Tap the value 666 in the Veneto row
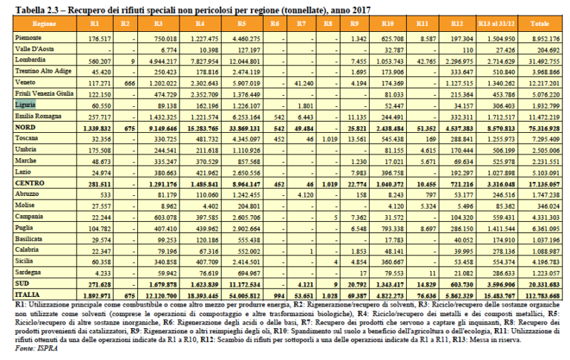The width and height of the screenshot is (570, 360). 128,84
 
